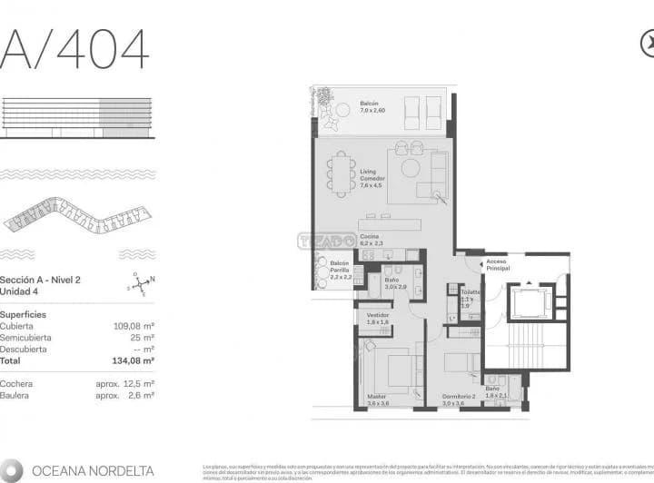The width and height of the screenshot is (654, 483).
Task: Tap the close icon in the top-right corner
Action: pyautogui.click(x=648, y=43)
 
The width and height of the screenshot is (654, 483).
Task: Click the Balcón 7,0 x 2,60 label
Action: pyautogui.click(x=370, y=107)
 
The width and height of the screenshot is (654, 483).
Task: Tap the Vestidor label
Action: pyautogui.click(x=377, y=318)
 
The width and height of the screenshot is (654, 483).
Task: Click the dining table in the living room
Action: pyautogui.click(x=342, y=172)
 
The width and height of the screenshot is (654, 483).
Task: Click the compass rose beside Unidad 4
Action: pyautogui.click(x=139, y=286)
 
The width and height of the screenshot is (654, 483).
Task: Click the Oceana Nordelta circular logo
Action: pyautogui.click(x=13, y=470)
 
